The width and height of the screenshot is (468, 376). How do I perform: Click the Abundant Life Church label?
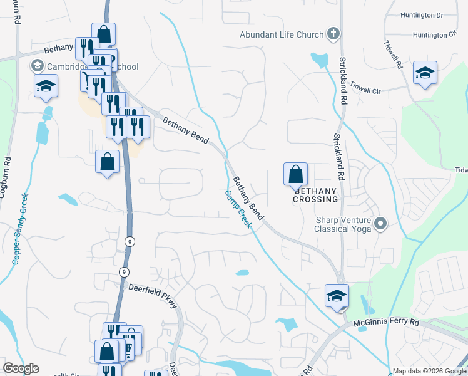click(x=282, y=34)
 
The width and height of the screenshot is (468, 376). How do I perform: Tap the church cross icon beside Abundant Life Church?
click(x=333, y=34)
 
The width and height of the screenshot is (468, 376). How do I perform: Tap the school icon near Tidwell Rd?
click(x=425, y=73)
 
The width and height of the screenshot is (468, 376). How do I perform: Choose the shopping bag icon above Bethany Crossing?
click(x=295, y=174)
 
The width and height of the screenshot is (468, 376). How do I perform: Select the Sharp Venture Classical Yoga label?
click(x=343, y=224)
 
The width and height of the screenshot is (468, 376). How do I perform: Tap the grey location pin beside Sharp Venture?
click(x=380, y=223)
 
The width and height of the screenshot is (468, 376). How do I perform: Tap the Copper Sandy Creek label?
click(x=20, y=228)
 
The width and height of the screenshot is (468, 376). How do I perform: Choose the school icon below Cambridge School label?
click(x=46, y=86)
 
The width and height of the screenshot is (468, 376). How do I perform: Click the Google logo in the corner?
click(x=21, y=368)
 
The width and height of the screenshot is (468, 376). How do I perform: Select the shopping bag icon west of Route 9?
click(x=107, y=161)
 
